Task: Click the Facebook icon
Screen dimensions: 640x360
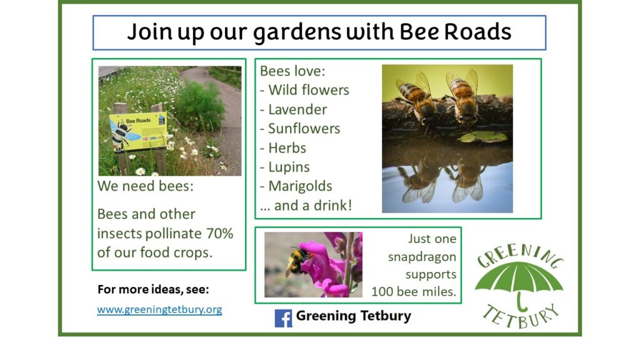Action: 283,318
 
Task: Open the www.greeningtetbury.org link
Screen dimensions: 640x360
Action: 159,309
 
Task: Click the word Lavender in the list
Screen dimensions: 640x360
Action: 297,109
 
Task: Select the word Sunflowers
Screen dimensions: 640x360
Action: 304,129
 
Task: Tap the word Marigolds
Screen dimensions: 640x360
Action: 300,186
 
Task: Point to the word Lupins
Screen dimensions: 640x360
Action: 289,167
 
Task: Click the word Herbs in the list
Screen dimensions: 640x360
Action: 287,147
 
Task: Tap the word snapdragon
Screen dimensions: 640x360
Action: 422,257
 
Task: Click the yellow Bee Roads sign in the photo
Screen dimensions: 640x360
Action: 138,131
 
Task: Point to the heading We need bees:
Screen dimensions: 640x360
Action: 145,186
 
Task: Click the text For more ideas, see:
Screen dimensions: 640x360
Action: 153,289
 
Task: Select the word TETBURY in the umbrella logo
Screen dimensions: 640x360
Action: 521,317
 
